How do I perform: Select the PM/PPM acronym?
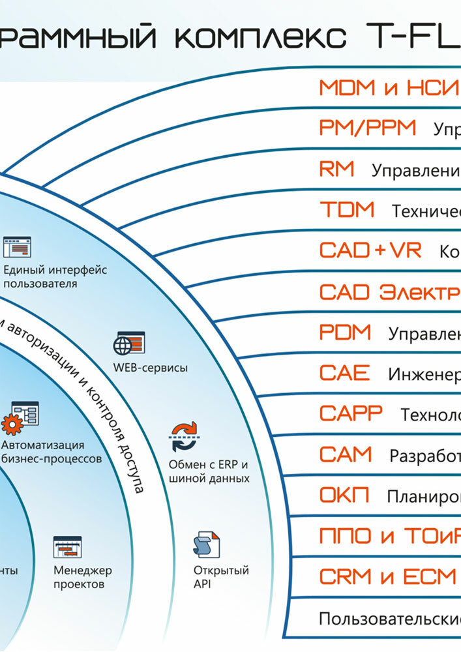pyautogui.click(x=368, y=128)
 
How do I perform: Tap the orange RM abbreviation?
pyautogui.click(x=337, y=170)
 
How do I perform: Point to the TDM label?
pyautogui.click(x=347, y=210)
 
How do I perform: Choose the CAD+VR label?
pyautogui.click(x=370, y=250)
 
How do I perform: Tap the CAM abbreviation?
pyautogui.click(x=346, y=454)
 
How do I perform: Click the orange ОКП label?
pyautogui.click(x=344, y=496)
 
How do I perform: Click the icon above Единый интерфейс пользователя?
pyautogui.click(x=17, y=247)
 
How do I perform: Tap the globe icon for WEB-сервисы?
pyautogui.click(x=129, y=343)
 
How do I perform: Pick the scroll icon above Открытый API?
pyautogui.click(x=206, y=545)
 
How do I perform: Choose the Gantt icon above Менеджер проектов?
pyautogui.click(x=67, y=547)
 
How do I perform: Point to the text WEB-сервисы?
pyautogui.click(x=151, y=368)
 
